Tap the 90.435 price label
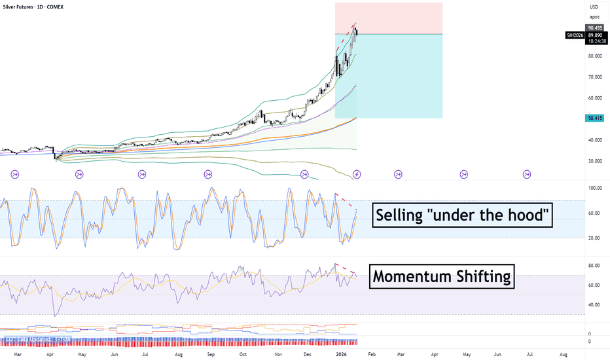[x=594, y=27]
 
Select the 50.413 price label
[x=594, y=118]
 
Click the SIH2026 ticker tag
[x=575, y=34]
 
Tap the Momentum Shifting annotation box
[x=442, y=277]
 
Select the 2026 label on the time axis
[x=342, y=354]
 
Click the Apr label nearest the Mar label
[x=50, y=354]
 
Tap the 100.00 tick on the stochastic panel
[x=595, y=188]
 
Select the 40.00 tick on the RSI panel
[x=595, y=305]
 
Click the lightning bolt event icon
[x=357, y=174]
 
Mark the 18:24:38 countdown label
[x=594, y=41]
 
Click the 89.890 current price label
[x=594, y=34]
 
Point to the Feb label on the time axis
[x=371, y=354]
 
